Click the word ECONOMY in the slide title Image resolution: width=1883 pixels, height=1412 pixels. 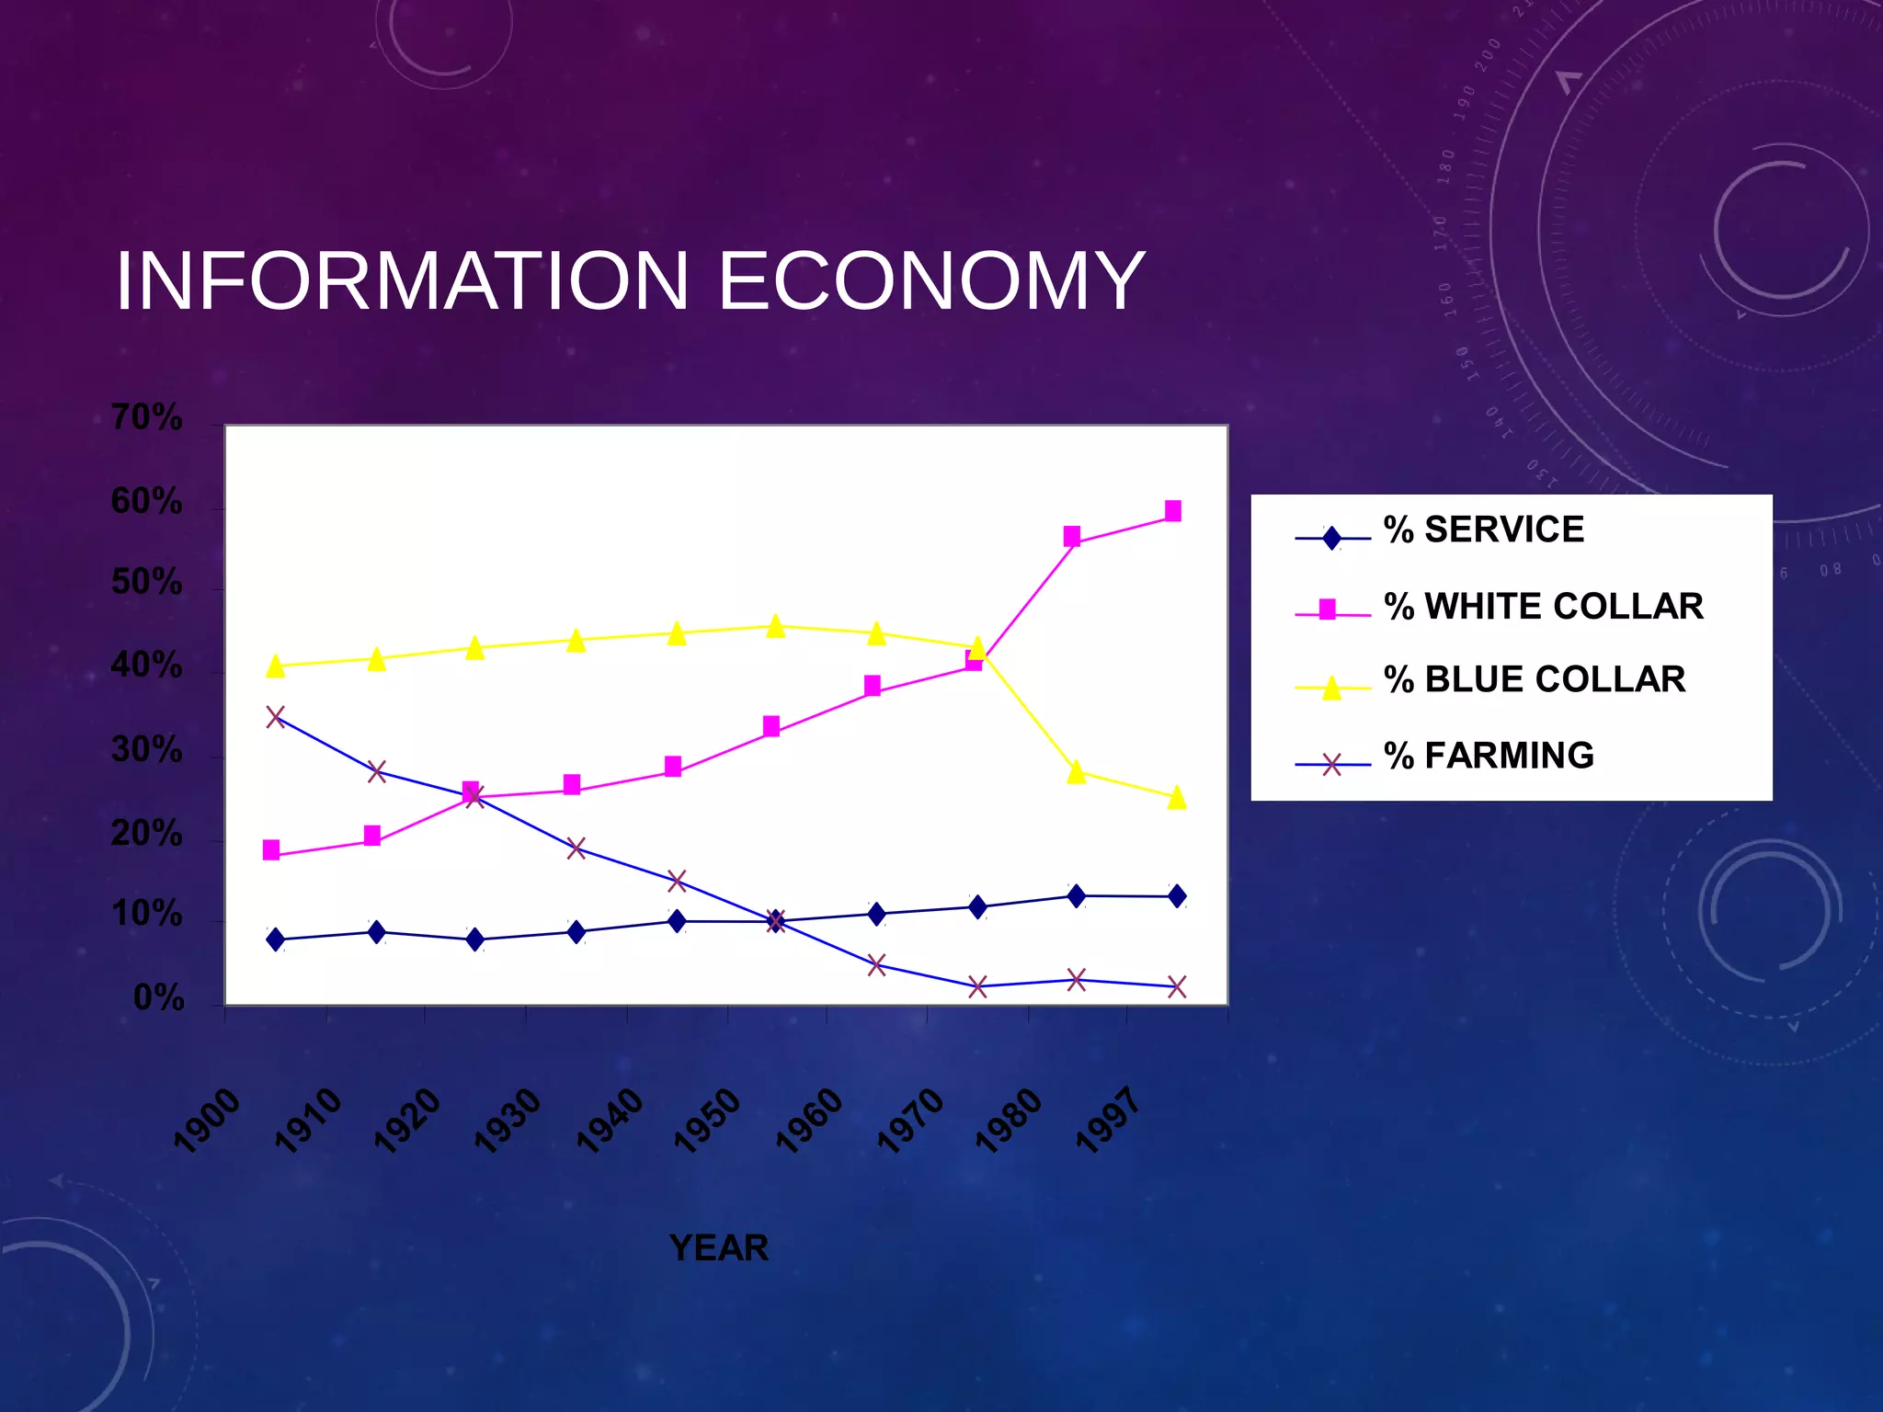pos(930,280)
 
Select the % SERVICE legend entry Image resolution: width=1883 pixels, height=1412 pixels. pos(1483,530)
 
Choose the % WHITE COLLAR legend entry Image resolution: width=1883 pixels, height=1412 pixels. pos(1543,607)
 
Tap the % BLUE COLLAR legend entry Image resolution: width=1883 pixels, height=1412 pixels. pos(1534,680)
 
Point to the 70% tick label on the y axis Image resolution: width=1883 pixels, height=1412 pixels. pos(147,418)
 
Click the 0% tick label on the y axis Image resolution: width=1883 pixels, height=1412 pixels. pos(159,998)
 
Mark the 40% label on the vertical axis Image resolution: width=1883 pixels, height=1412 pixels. pos(147,666)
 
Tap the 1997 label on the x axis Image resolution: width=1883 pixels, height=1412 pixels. pos(1109,1120)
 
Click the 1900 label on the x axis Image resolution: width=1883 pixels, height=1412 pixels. pos(208,1120)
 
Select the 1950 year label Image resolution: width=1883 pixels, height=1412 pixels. pos(708,1120)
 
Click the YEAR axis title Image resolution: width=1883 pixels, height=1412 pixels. pos(719,1248)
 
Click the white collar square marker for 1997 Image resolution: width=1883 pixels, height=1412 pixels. pos(1173,511)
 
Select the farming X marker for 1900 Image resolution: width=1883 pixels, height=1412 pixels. pos(276,717)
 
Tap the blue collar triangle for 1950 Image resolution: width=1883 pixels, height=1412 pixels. pos(775,627)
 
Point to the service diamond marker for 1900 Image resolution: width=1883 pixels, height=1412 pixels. pos(276,939)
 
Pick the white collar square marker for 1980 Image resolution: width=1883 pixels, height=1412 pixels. pos(1072,537)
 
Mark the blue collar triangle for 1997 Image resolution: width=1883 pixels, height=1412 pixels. pos(1177,798)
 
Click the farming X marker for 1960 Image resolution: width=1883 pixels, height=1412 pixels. pos(876,965)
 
